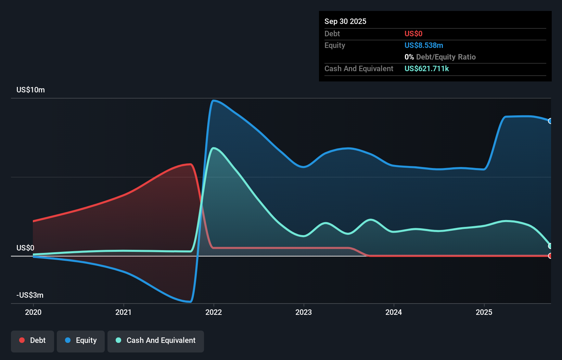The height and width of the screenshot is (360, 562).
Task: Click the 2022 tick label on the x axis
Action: [214, 312]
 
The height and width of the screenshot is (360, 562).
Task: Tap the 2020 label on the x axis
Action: [33, 312]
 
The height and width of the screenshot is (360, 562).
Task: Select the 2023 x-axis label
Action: [304, 312]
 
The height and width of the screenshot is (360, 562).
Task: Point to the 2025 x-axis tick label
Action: [484, 312]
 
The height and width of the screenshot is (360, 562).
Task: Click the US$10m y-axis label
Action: [30, 90]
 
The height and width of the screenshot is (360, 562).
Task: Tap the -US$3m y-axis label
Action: [30, 295]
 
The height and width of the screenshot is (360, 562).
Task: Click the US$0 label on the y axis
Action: [25, 248]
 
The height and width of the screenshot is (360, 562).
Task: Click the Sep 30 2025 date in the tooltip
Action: [345, 21]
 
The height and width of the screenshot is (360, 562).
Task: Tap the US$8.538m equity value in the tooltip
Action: [423, 45]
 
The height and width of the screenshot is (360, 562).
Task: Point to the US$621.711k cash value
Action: [426, 68]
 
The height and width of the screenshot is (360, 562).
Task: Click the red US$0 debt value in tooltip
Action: [413, 34]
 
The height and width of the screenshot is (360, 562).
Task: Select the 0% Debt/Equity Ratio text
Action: [440, 57]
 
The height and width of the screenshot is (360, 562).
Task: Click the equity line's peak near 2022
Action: [214, 101]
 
